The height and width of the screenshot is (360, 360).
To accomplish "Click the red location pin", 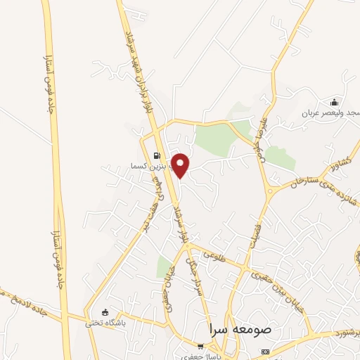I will (x=181, y=165).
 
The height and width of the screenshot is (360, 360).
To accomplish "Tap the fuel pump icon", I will (x=156, y=156).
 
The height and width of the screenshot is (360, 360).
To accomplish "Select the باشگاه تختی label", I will (x=105, y=323).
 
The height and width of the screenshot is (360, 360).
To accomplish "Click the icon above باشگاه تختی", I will (x=105, y=312).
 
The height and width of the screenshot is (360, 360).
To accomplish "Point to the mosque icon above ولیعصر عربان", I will (x=334, y=102).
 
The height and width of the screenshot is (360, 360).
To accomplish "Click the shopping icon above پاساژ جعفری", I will (x=201, y=346).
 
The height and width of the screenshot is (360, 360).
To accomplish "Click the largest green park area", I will (x=222, y=136).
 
